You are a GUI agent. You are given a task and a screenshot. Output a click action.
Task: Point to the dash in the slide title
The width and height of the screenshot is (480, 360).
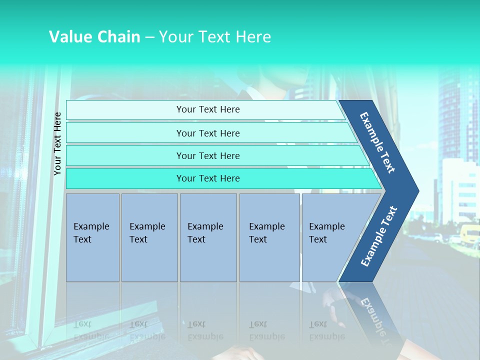click(149, 37)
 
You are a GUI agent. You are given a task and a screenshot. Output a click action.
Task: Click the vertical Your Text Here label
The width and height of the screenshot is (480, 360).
click(57, 143)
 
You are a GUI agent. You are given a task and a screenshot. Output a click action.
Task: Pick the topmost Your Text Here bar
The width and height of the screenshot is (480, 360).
click(207, 109)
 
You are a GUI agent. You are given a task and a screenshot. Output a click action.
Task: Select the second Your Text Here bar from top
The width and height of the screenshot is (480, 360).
click(207, 133)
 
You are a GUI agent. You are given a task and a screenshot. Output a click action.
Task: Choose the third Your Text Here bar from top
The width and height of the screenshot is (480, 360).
click(207, 155)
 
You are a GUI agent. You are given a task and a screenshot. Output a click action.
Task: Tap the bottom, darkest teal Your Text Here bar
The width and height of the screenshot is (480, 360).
click(207, 178)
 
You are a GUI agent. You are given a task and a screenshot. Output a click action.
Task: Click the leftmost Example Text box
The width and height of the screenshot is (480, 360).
click(92, 237)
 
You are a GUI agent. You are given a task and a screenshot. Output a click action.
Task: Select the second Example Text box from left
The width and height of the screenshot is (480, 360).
click(149, 237)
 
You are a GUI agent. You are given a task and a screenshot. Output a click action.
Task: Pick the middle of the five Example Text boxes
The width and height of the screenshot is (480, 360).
click(208, 237)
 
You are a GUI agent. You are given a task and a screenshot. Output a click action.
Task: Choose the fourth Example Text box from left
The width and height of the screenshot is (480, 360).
click(269, 237)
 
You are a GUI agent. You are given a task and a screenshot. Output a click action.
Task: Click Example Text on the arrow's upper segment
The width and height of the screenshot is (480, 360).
click(377, 142)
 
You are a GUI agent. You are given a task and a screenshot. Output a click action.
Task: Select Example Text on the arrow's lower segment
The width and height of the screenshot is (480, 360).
click(379, 236)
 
